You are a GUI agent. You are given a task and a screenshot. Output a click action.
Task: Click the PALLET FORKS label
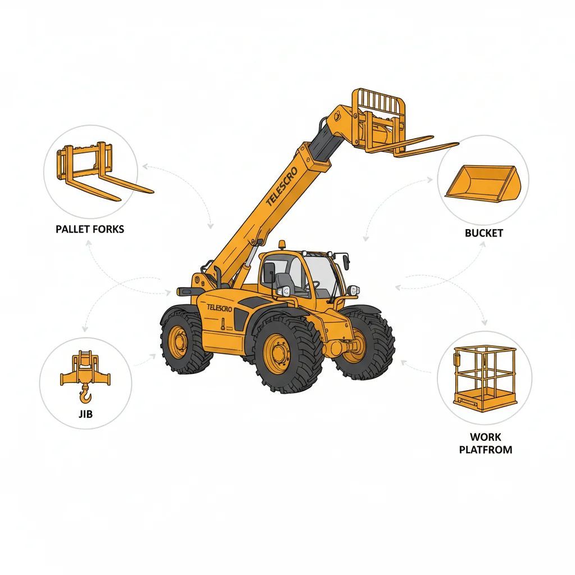[90, 229]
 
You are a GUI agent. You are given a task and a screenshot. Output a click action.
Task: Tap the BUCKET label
[483, 232]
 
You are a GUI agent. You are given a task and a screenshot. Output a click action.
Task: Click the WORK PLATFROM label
[485, 443]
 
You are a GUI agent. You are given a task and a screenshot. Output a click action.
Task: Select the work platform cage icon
[485, 378]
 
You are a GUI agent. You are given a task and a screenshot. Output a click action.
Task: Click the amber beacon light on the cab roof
[281, 245]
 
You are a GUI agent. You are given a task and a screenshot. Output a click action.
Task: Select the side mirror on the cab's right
[346, 261]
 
